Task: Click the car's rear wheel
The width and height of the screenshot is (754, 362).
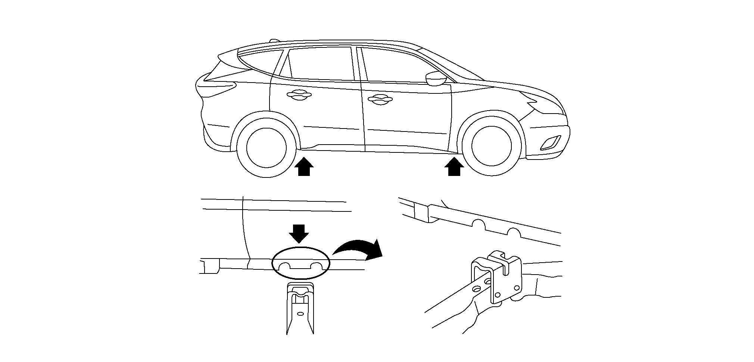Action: [265, 147]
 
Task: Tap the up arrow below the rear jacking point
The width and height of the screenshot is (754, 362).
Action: [304, 167]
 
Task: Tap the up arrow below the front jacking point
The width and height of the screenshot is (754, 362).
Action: [454, 167]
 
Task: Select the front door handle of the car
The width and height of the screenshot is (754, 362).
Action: [380, 99]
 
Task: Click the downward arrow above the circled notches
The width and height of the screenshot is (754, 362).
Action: [299, 233]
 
